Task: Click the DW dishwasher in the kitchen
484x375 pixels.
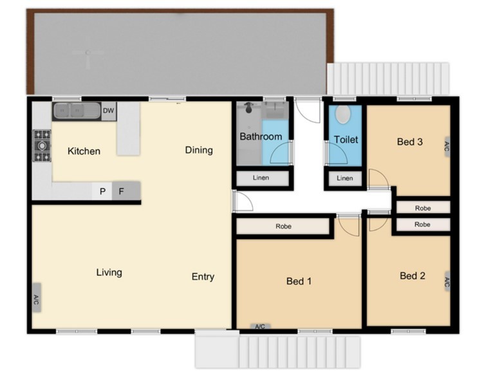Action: click(x=109, y=111)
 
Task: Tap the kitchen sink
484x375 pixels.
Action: click(x=77, y=111)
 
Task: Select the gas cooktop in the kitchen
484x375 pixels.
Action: click(x=42, y=145)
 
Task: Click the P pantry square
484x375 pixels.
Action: click(x=102, y=191)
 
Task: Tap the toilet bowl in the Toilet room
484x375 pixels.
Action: click(x=342, y=114)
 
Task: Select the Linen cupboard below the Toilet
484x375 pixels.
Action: click(x=345, y=179)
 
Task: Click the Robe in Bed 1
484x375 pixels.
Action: click(x=283, y=226)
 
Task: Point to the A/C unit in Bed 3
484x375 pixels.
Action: click(x=446, y=147)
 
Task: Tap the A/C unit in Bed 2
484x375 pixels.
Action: click(x=447, y=282)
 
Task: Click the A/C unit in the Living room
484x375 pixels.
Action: click(x=37, y=298)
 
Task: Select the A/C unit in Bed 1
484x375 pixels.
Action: click(x=260, y=326)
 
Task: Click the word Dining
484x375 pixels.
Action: click(x=199, y=150)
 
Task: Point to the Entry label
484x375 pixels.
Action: click(x=203, y=277)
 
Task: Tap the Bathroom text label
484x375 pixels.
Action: click(x=261, y=136)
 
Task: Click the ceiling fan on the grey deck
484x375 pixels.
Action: click(x=88, y=53)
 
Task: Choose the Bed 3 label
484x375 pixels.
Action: click(x=409, y=142)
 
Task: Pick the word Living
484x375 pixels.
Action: click(x=109, y=272)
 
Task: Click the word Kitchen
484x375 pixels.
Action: click(x=84, y=151)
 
